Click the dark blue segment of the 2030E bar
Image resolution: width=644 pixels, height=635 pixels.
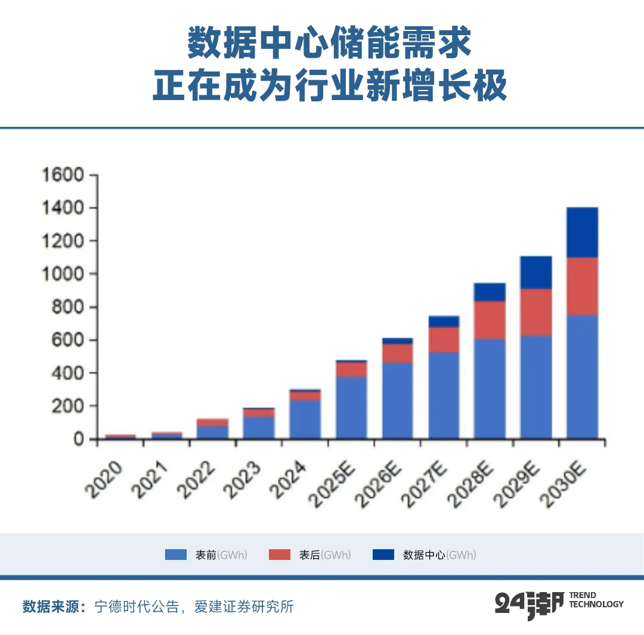pos(583,232)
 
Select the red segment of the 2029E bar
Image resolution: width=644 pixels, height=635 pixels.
pos(536,312)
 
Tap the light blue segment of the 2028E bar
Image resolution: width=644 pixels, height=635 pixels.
pos(490,388)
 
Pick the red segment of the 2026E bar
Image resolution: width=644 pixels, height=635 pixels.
pos(397,353)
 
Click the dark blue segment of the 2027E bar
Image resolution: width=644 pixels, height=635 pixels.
pos(444,322)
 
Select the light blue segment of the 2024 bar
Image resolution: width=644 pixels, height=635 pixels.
pos(305,419)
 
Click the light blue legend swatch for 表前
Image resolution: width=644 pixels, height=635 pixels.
pos(176,555)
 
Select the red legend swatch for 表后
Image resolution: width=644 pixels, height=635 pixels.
pos(280,555)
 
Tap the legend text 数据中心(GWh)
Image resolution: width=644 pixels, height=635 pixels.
pos(439,555)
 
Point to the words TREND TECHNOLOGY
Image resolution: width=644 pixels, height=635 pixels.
pos(596,600)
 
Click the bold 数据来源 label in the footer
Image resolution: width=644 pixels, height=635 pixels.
pos(54,607)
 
